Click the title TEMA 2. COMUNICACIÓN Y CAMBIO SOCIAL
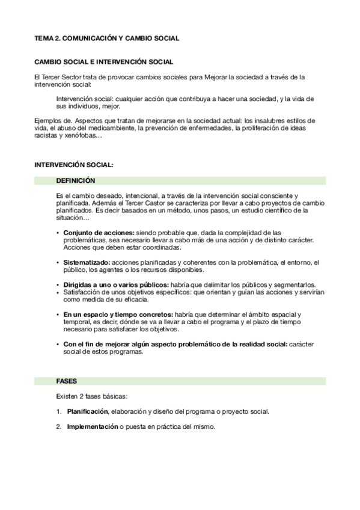click(x=106, y=38)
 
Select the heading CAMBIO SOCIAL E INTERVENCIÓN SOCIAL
click(x=104, y=61)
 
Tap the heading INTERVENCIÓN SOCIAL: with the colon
click(x=73, y=164)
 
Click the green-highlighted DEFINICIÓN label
click(x=75, y=180)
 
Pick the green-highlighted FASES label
click(x=66, y=381)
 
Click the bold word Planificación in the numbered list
click(x=87, y=412)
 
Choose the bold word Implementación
click(x=92, y=427)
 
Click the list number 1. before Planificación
click(x=59, y=412)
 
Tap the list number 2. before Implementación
click(x=59, y=427)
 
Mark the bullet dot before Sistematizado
click(x=58, y=262)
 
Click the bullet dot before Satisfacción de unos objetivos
click(x=58, y=292)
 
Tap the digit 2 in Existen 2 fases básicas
click(x=79, y=397)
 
